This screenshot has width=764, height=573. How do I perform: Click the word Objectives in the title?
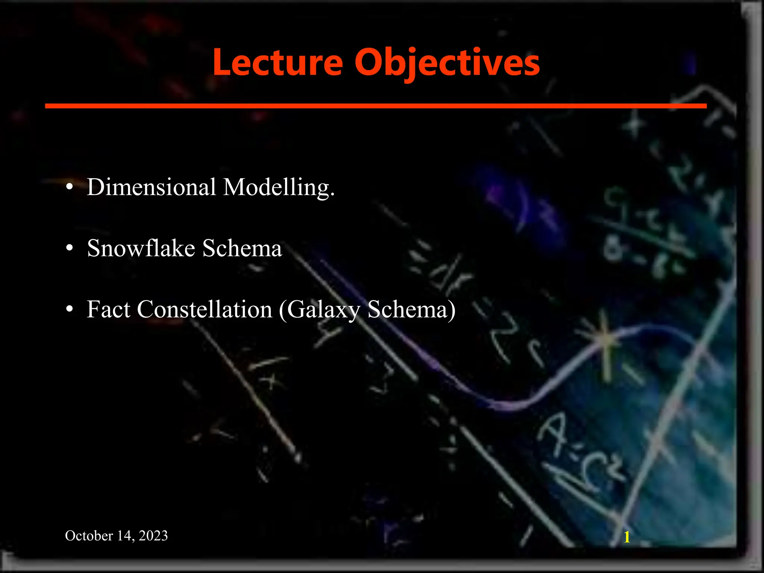point(447,62)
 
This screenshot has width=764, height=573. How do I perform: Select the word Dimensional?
point(151,187)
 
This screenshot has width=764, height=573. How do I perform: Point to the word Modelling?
point(279,187)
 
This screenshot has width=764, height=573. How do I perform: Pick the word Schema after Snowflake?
point(242,248)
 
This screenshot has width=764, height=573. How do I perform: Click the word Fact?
point(109,309)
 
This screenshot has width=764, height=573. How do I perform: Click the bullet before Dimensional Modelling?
point(69,187)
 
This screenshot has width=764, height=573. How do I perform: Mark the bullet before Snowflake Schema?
point(69,249)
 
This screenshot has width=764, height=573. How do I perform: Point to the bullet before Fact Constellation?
point(69,310)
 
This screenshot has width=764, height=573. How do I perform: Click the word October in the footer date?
point(89,536)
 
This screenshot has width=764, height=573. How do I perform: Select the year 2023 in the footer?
point(153,536)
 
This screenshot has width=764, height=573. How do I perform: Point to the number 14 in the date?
point(125,536)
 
